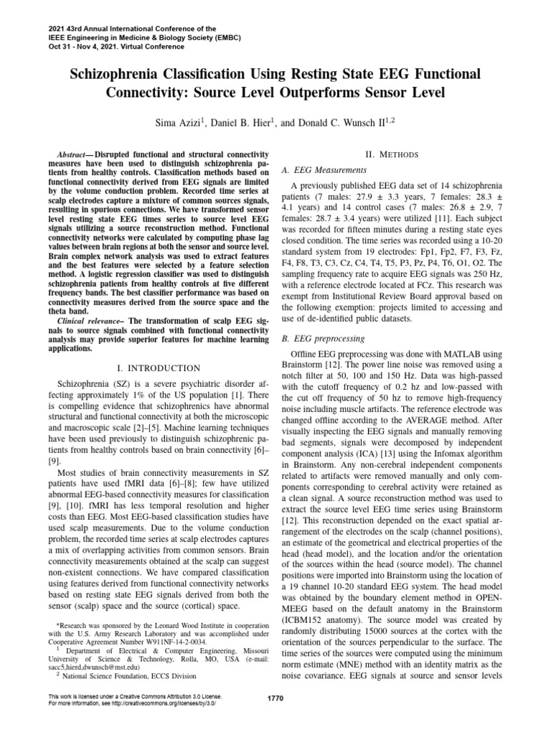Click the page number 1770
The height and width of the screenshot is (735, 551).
pyautogui.click(x=275, y=700)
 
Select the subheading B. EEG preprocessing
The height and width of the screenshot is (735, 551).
pyautogui.click(x=324, y=338)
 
